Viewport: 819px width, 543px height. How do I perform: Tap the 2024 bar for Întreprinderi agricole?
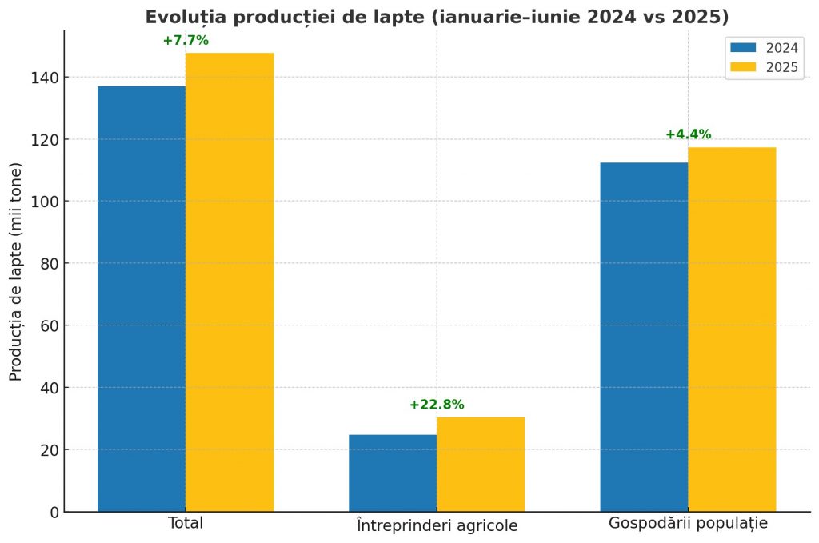[x=393, y=473]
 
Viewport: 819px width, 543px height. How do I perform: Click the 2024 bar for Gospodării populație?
[x=644, y=337]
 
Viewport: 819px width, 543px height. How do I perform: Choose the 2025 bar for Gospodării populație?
[x=732, y=329]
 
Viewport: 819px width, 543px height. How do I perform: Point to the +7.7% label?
[x=186, y=41]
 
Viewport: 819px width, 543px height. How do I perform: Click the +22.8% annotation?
[x=437, y=405]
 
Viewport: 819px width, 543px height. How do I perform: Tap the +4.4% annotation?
[x=688, y=134]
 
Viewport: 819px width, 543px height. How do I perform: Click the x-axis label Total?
[x=186, y=524]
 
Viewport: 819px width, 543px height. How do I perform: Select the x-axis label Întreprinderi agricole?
[x=437, y=525]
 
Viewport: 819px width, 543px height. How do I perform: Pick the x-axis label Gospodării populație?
[x=688, y=525]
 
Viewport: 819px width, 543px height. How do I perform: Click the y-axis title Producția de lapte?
[x=16, y=272]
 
